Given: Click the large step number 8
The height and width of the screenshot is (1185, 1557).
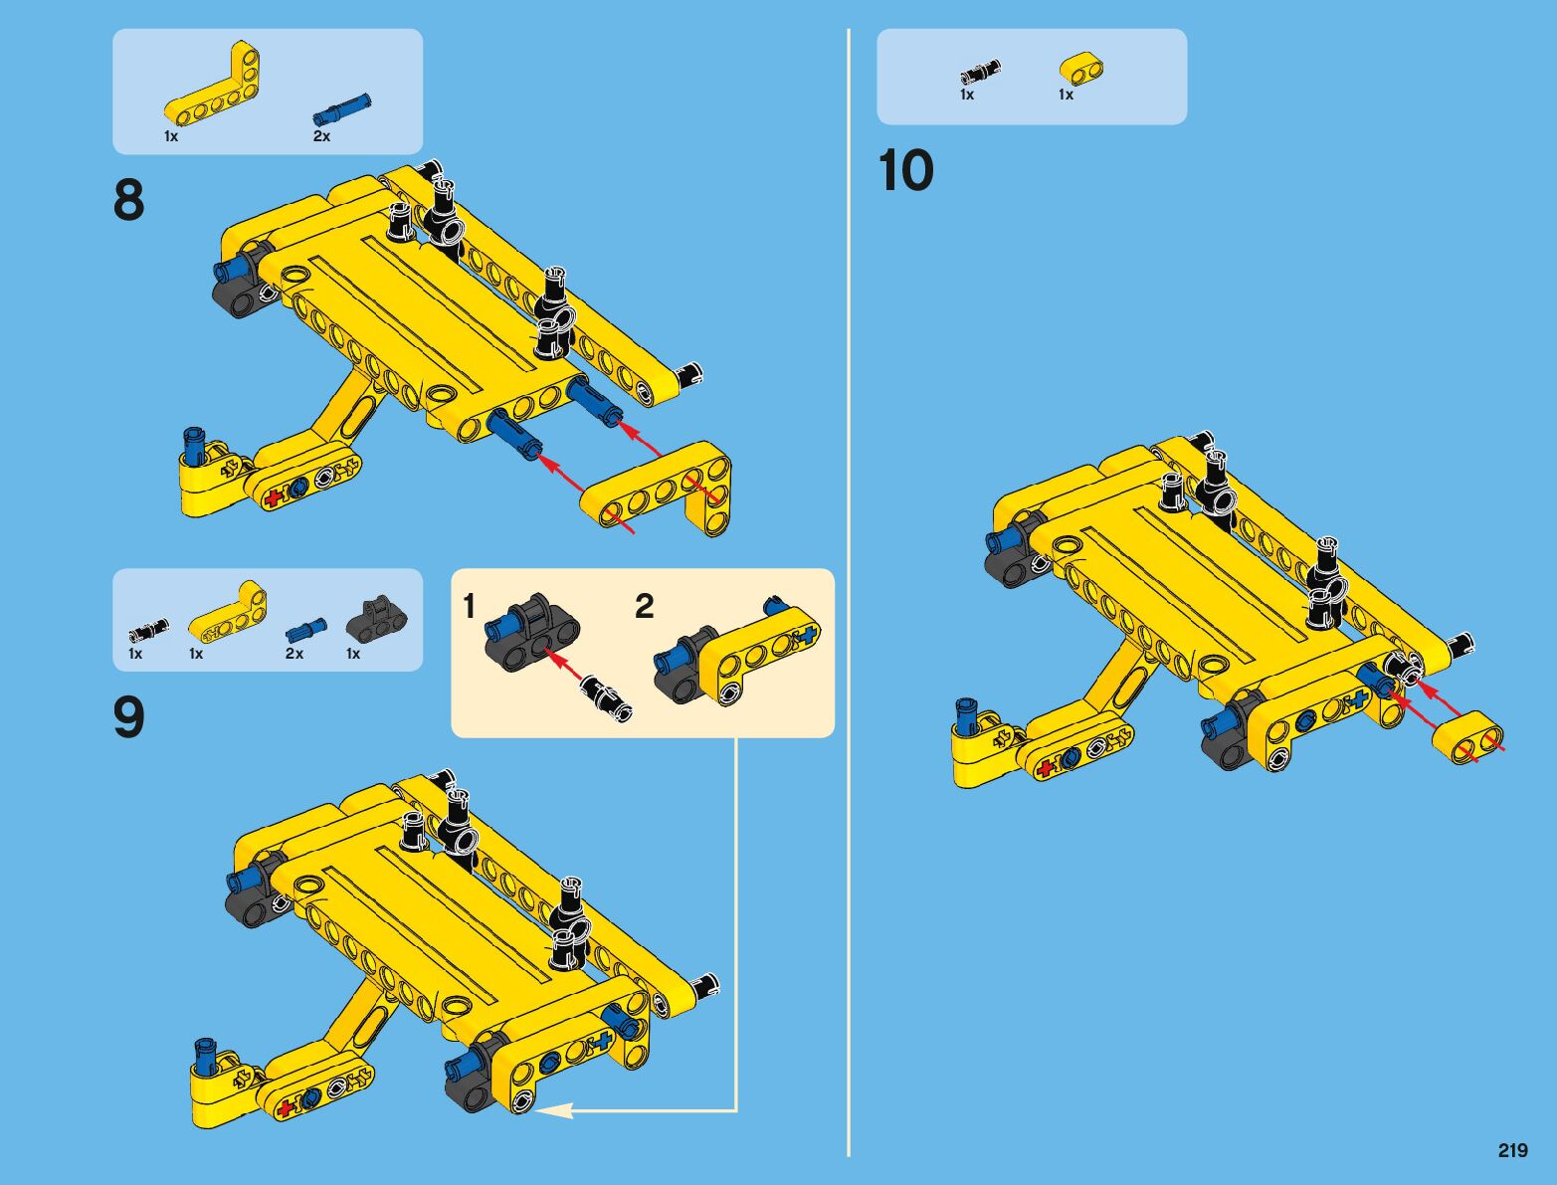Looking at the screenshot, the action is (x=128, y=200).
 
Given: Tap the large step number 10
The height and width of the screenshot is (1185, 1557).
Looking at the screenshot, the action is (x=905, y=170).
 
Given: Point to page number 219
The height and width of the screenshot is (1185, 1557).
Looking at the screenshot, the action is (x=1512, y=1150).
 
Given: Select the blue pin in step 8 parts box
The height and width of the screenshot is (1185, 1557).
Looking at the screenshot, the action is (x=342, y=109).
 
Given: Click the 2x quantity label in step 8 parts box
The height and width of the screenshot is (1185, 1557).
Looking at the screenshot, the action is (x=321, y=136).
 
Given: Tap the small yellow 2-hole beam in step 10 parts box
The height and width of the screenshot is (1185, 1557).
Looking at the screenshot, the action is (x=1081, y=68).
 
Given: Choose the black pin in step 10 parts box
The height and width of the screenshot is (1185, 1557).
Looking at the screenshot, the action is (x=980, y=72).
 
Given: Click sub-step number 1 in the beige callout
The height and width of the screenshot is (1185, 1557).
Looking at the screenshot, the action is (x=469, y=606).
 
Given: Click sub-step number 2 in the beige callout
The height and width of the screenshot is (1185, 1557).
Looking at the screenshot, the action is (x=644, y=606).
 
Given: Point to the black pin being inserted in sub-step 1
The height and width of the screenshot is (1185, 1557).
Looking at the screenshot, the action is (x=606, y=699).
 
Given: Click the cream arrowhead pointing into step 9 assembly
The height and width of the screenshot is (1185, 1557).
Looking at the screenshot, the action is (x=552, y=1109).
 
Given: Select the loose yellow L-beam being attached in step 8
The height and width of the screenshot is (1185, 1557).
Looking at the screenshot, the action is (x=657, y=489).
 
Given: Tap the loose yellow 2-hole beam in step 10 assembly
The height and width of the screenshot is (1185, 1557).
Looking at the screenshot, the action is (x=1466, y=738).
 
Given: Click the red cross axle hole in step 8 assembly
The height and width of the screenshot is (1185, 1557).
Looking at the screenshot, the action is (x=273, y=497).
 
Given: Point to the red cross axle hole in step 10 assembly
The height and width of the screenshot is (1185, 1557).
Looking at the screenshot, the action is (x=1045, y=769).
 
